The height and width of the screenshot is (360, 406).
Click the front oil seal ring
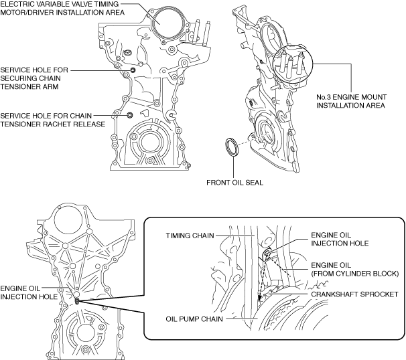pyautogui.click(x=230, y=147)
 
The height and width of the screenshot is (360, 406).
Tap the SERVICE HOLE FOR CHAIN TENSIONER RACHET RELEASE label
pyautogui.click(x=53, y=119)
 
